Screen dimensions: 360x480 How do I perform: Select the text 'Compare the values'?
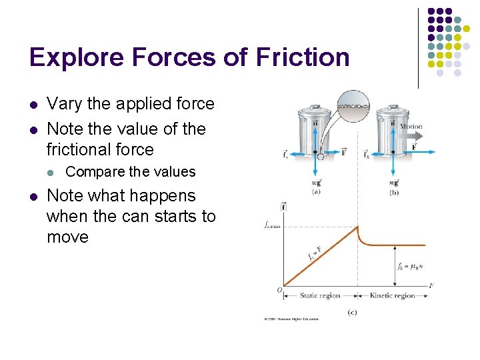tap(131, 172)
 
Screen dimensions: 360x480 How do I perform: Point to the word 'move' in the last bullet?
tap(67, 237)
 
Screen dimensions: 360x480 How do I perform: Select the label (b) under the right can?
tap(394, 192)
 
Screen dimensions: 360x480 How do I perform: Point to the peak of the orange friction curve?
tap(357, 227)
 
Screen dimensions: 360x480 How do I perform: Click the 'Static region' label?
tap(319, 295)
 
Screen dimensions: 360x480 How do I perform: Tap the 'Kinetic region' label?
tap(393, 295)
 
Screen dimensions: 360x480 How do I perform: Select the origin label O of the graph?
tap(279, 289)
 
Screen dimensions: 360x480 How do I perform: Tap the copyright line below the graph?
tap(291, 319)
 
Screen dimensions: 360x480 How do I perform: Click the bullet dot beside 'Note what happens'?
tap(33, 196)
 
